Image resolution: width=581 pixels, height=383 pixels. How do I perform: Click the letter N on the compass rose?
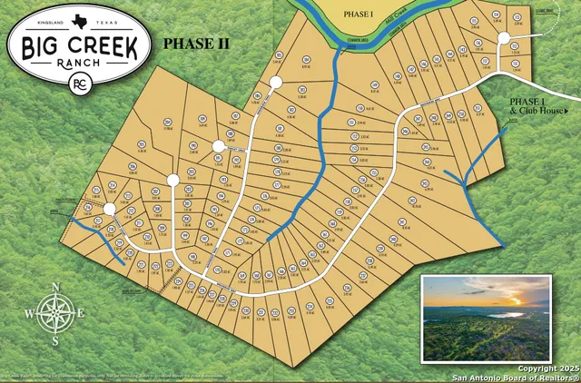pyautogui.click(x=55, y=289)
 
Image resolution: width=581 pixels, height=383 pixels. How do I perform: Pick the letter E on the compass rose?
pyautogui.click(x=83, y=314)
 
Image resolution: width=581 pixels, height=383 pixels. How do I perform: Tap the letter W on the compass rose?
pyautogui.click(x=28, y=314)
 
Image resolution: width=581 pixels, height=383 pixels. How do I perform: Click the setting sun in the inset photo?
pyautogui.click(x=516, y=300)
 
